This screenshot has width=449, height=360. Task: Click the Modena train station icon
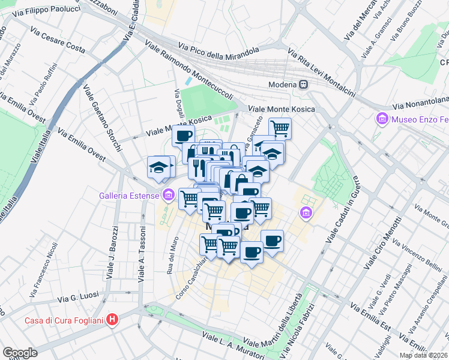304,84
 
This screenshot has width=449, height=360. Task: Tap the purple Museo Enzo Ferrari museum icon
382,119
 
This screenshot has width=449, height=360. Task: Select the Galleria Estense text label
130,195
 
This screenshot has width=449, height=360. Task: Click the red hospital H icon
111,320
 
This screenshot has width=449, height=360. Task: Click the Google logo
20,353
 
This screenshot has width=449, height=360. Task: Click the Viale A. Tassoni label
142,254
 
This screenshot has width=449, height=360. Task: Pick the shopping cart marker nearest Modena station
280,128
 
